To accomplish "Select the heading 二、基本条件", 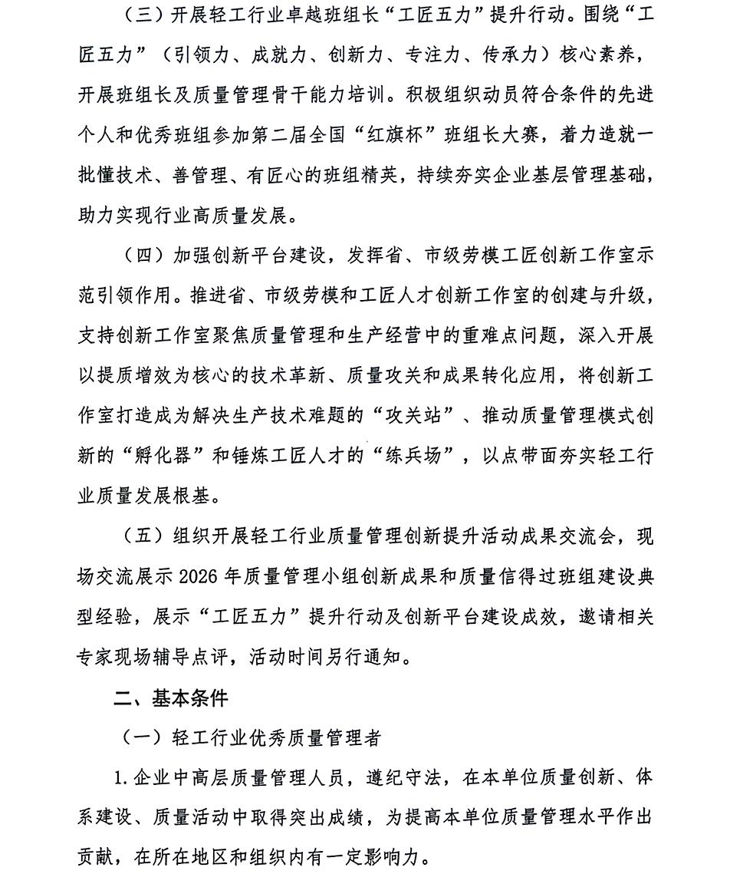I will [171, 698].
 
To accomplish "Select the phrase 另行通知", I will [377, 656].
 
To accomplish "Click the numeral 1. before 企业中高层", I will [120, 778].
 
